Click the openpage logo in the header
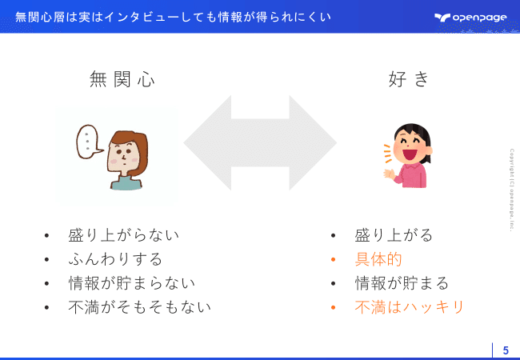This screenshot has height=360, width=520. point(470,18)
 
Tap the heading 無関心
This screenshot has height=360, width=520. point(122,79)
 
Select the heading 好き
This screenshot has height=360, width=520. point(408,79)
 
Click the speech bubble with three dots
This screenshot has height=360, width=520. point(89,142)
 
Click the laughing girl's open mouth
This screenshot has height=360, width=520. point(410,154)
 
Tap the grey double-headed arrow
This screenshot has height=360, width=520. point(260,143)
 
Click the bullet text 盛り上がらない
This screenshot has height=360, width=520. point(123,235)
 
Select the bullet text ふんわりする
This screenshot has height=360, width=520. point(115,259)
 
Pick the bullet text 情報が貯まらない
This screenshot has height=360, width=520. point(131,283)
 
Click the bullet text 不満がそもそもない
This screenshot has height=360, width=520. point(140,307)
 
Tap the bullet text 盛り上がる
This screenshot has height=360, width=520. point(394,235)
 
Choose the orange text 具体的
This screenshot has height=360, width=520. point(378,259)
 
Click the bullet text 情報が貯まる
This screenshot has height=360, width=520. point(402,283)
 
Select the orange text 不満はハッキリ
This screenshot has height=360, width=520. point(410,307)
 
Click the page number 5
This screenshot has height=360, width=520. point(506,350)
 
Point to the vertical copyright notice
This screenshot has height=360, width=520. point(512,190)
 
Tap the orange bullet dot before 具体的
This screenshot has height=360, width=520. point(334,259)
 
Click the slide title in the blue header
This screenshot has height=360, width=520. point(173,17)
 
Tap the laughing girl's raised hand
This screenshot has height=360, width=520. point(389,174)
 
